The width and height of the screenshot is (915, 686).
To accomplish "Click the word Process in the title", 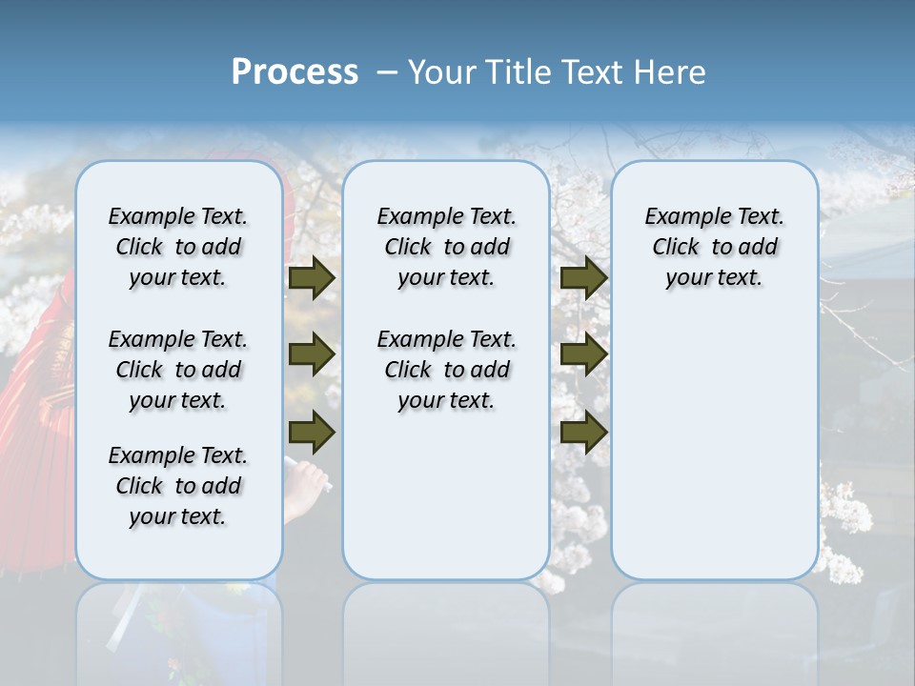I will [x=295, y=72].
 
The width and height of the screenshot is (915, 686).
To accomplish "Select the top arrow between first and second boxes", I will [x=312, y=277].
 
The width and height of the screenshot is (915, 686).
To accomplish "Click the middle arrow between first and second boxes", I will [x=312, y=354].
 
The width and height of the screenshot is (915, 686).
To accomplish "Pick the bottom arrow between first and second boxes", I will [x=312, y=433].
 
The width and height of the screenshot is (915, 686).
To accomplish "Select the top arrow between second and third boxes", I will [x=583, y=277].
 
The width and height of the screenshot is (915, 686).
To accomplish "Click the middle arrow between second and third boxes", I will [x=583, y=354].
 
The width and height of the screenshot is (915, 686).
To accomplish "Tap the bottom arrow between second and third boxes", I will [x=583, y=433].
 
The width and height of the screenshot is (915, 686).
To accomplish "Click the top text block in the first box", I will [x=178, y=247].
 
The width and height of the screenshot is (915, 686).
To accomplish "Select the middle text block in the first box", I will [x=178, y=370].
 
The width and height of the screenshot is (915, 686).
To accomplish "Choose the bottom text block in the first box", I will [x=178, y=486].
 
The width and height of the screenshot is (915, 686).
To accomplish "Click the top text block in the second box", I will [x=446, y=247].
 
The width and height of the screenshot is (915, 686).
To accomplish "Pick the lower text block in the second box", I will [x=446, y=370].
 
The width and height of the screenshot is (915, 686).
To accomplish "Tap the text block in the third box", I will [x=714, y=247].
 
